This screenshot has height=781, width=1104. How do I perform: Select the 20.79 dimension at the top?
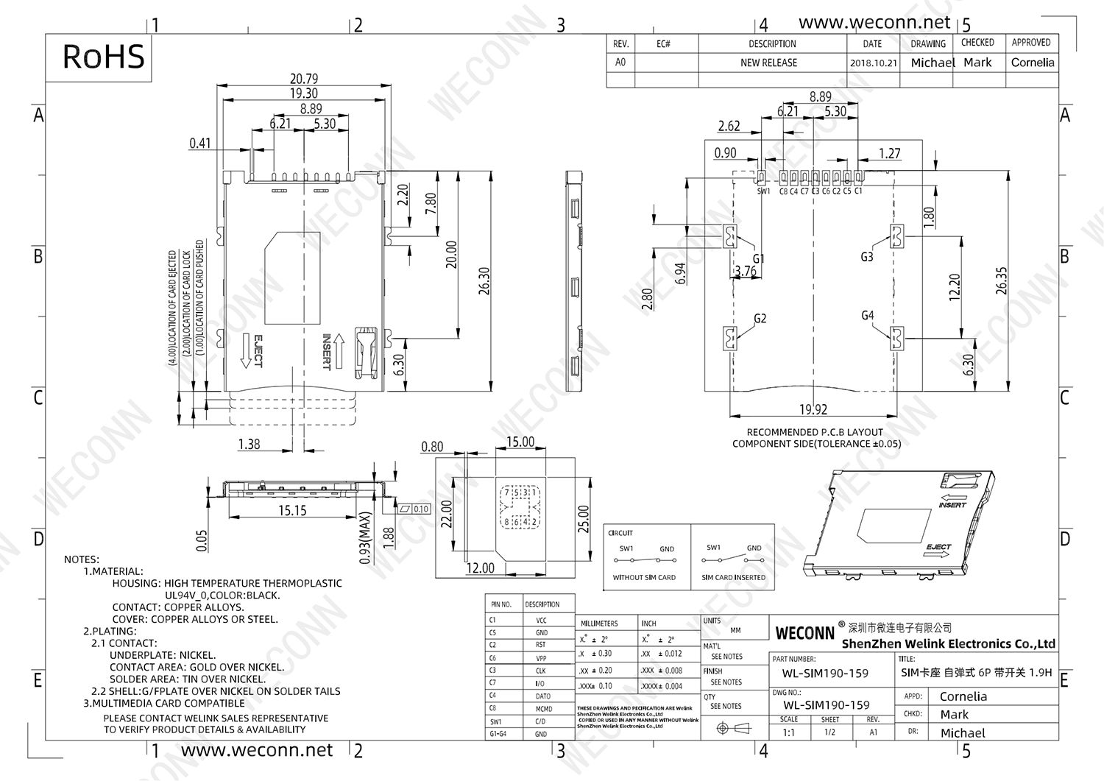point(304,79)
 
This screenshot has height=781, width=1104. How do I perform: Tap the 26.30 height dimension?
point(484,280)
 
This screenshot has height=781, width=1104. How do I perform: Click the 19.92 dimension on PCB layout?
point(813,409)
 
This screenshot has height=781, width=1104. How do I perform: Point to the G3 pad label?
point(867,257)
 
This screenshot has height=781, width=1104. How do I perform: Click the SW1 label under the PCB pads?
point(763,191)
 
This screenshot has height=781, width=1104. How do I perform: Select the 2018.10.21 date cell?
point(874,63)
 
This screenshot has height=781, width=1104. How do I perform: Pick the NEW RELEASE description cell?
point(768,63)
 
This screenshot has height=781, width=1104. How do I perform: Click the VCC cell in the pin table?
point(541,621)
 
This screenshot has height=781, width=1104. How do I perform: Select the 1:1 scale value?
point(788,732)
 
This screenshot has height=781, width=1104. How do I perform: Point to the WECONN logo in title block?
point(804,633)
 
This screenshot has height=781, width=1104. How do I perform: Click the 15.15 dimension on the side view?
point(292,510)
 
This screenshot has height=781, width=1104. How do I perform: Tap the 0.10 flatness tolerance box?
point(420,509)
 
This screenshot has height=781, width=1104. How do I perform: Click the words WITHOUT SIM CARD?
point(644,578)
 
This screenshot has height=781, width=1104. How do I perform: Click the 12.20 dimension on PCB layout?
point(955,287)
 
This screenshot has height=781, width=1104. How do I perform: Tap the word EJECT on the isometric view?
point(938,548)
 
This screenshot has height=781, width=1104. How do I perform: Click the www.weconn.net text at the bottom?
point(257,750)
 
